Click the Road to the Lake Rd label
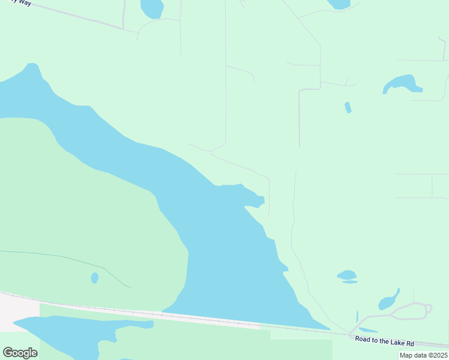click(x=384, y=341)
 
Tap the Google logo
click(x=20, y=353)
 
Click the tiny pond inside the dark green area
click(x=94, y=278)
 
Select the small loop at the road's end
click(x=428, y=309)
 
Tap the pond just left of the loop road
click(x=389, y=299)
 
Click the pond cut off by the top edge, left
click(x=151, y=8)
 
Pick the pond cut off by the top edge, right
click(x=339, y=4)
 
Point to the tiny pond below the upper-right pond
click(x=348, y=107)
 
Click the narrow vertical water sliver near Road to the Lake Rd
click(x=357, y=316)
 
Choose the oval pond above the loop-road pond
click(x=347, y=275)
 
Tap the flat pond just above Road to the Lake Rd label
click(x=367, y=330)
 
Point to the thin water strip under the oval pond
click(x=349, y=281)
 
